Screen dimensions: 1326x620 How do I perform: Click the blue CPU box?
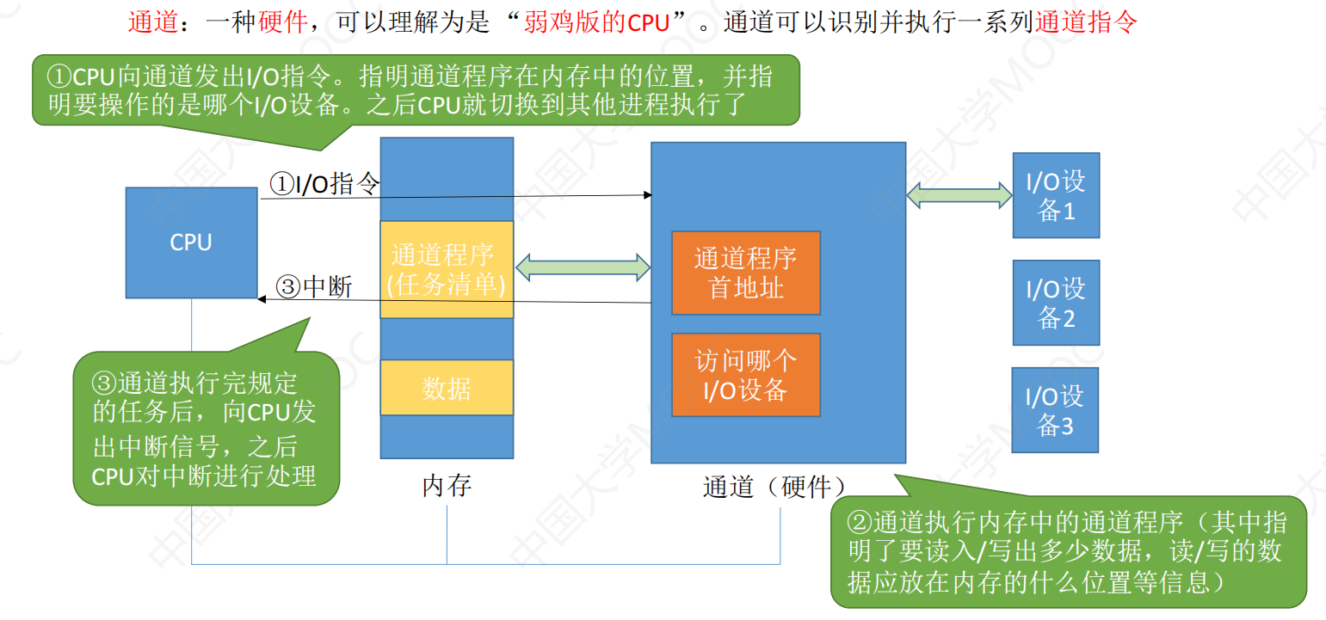click(x=191, y=242)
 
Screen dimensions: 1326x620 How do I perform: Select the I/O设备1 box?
click(x=1056, y=195)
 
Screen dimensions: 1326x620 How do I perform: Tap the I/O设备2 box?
click(x=1056, y=303)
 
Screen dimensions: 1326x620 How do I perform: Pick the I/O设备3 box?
click(x=1055, y=410)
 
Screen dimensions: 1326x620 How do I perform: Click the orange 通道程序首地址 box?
click(x=746, y=273)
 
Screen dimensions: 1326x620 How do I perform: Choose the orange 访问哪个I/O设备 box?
click(x=746, y=375)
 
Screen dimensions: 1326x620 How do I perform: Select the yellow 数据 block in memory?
click(x=447, y=388)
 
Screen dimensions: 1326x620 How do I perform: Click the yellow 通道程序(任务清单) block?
click(x=447, y=270)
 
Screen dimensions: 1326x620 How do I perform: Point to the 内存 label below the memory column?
click(x=447, y=486)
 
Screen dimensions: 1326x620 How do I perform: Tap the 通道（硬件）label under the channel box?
click(x=774, y=487)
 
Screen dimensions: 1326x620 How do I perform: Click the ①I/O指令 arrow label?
click(x=324, y=183)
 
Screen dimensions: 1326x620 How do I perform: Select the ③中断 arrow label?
click(x=314, y=287)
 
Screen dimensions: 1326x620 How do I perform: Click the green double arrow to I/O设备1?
click(x=959, y=195)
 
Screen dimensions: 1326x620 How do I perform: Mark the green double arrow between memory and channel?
click(x=583, y=267)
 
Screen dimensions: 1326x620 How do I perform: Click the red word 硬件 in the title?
click(x=283, y=21)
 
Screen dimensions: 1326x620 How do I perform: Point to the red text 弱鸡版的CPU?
click(x=596, y=22)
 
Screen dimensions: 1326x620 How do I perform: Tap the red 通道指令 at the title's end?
click(x=1086, y=21)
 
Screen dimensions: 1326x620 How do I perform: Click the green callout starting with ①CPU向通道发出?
click(x=416, y=90)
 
